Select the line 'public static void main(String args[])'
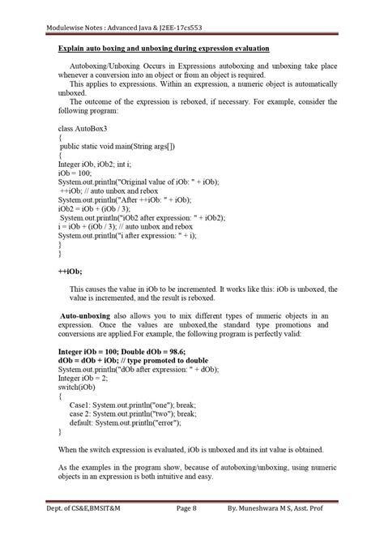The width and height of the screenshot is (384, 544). click(x=122, y=147)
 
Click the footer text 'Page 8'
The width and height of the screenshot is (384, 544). click(x=187, y=530)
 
